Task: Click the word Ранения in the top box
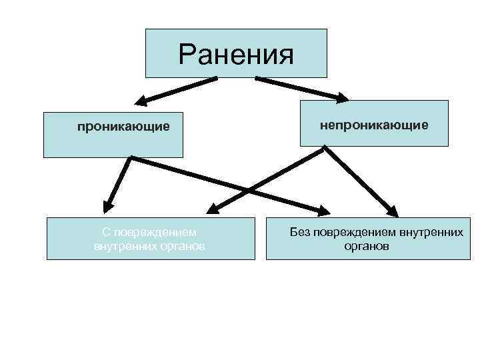tap(237, 55)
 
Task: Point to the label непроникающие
tap(374, 125)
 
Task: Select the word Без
tap(298, 233)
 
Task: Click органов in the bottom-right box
tap(366, 246)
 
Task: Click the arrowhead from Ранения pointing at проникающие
tap(141, 101)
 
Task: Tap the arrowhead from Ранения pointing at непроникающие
tap(341, 99)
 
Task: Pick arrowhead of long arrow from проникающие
tap(323, 211)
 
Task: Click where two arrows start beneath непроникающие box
tap(325, 148)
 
